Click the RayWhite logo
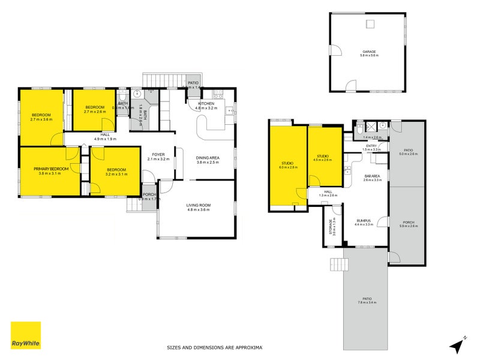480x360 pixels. click(26, 335)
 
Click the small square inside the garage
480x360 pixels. click(371, 24)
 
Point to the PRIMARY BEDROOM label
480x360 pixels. click(51, 169)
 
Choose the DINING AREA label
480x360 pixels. click(207, 158)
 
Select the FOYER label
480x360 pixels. click(158, 155)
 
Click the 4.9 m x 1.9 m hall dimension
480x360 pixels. click(105, 139)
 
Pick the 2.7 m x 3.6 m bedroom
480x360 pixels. click(41, 117)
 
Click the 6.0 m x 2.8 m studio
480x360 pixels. click(287, 166)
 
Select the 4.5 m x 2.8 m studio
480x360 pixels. click(324, 158)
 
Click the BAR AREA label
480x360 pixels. click(373, 176)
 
